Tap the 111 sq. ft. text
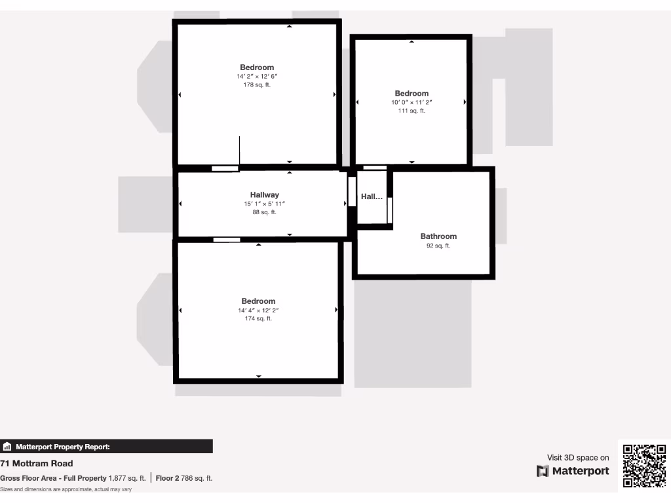point(412,111)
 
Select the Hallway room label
point(264,195)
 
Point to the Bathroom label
point(438,236)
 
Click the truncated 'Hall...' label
point(372,196)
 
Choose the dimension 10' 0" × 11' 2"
point(412,102)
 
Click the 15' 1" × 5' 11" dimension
point(264,204)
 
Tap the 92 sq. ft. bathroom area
point(438,246)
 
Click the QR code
point(644,466)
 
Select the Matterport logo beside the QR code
point(573,471)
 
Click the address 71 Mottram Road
point(37,464)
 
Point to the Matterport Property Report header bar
point(106,447)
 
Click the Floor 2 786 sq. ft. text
point(184,478)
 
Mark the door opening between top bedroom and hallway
point(225,168)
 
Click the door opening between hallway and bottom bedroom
point(227,240)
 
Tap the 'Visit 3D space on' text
point(578,458)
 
